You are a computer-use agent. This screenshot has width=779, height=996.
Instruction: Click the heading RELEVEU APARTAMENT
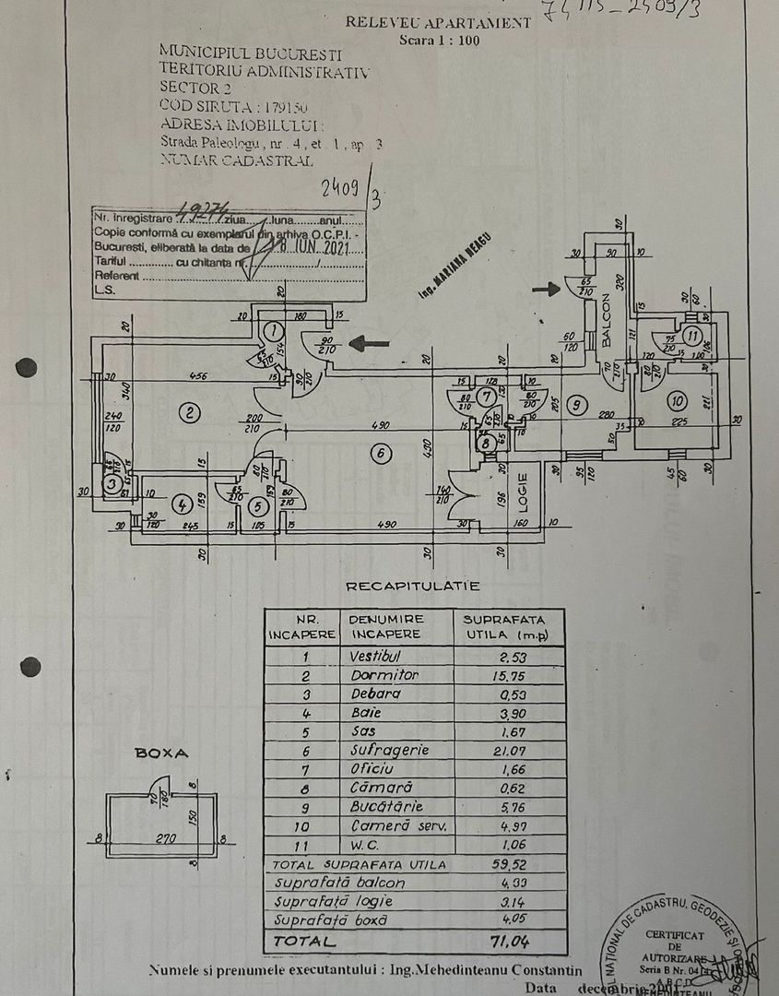437,23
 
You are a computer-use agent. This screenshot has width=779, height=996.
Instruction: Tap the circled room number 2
189,412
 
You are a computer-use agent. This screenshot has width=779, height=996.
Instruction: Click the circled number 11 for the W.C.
693,336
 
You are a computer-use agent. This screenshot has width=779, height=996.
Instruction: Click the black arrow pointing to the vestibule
370,344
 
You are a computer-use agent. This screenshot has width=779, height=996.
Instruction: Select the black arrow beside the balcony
547,290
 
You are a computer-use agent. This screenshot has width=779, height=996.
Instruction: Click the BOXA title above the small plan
161,753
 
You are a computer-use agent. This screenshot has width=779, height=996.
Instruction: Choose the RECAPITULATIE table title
412,586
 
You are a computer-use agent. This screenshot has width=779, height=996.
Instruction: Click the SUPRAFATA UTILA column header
504,626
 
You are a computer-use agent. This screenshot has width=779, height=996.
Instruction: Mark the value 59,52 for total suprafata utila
506,865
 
